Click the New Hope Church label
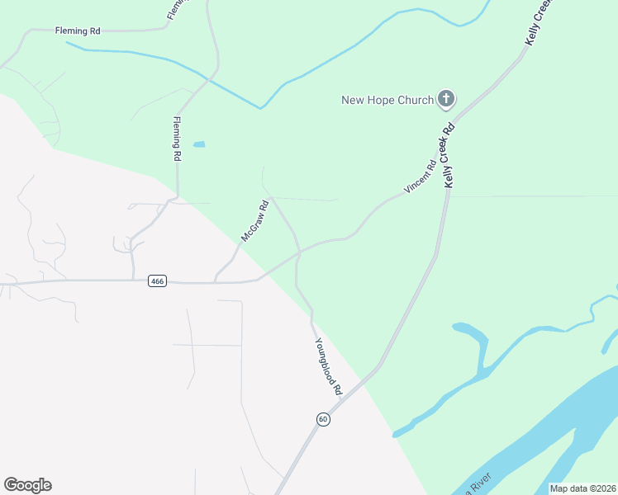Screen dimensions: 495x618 [387, 100]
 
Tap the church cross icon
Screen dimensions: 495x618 [445, 100]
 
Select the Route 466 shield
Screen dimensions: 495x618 [158, 281]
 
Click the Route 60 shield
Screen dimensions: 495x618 [323, 419]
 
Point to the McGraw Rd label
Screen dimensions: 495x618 [254, 221]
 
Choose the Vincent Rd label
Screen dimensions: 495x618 [419, 177]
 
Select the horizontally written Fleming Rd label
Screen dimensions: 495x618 [78, 31]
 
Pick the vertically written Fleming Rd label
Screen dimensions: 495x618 [176, 138]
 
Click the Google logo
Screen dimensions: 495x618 [27, 485]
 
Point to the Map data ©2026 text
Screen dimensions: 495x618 [582, 488]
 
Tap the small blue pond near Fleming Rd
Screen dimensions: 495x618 [199, 144]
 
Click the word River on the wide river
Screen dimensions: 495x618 [480, 479]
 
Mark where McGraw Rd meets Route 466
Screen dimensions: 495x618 [215, 281]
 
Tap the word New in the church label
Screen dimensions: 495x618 [354, 100]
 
